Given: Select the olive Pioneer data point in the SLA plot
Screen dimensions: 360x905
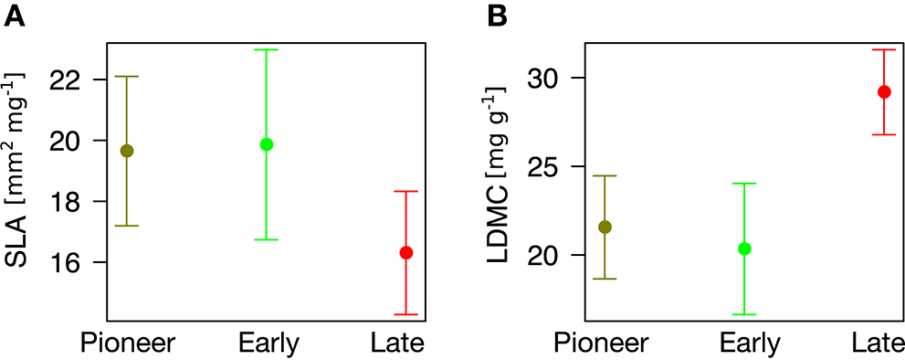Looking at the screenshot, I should click(127, 151).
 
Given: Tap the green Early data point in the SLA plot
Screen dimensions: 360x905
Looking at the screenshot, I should click(267, 144).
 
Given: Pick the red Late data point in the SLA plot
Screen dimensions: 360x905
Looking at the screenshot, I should click(405, 252).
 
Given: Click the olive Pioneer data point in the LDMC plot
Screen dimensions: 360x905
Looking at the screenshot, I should click(605, 227).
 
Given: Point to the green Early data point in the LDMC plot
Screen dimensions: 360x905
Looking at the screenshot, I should click(744, 249).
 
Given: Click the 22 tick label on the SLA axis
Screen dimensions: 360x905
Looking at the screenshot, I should click(80, 79).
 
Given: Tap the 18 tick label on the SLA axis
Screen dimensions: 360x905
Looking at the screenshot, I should click(80, 202).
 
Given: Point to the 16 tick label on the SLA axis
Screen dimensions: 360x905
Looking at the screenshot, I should click(80, 262).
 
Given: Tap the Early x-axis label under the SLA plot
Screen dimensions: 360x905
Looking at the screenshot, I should click(267, 343).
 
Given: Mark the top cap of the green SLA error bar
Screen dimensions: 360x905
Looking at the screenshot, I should click(267, 49).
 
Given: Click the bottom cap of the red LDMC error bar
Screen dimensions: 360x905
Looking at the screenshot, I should click(884, 134).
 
